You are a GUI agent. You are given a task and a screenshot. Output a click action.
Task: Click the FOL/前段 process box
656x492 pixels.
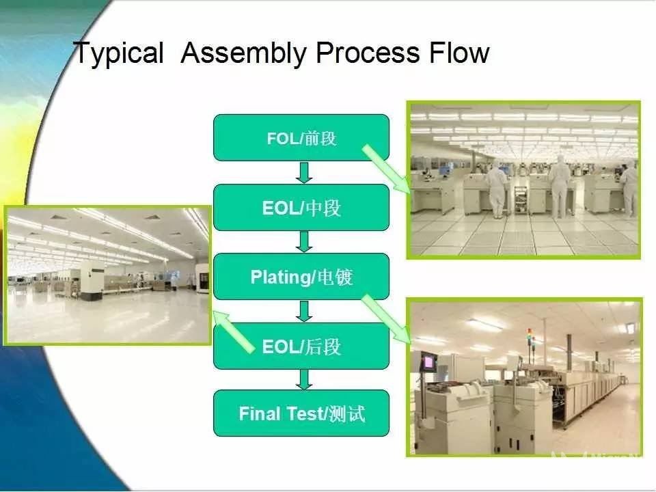point(301,137)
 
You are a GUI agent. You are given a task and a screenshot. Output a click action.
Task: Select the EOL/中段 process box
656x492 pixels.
point(301,208)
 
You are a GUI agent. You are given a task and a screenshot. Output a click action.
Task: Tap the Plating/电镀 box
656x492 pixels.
point(301,277)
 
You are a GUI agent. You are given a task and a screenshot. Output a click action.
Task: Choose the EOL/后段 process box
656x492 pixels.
point(301,346)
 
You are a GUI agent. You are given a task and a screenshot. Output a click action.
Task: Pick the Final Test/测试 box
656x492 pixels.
point(301,413)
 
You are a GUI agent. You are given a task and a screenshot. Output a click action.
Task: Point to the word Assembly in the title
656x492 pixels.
point(244,53)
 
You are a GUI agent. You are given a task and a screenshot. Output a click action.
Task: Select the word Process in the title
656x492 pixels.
point(368,53)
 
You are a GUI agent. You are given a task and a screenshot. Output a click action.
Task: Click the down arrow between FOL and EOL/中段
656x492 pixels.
point(304,172)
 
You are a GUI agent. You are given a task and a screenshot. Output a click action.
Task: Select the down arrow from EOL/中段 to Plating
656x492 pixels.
point(304,242)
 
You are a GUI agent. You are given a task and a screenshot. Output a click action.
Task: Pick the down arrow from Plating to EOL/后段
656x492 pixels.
point(304,311)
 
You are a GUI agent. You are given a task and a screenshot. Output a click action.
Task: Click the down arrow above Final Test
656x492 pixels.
point(304,379)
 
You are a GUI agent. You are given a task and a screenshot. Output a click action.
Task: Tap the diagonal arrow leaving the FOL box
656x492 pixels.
point(386,169)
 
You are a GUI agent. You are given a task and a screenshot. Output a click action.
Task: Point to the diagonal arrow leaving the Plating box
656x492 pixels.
point(386,319)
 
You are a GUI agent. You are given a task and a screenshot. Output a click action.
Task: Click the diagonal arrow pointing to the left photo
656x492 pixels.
point(234,332)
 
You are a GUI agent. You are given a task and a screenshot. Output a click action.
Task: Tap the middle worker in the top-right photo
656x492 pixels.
point(560,187)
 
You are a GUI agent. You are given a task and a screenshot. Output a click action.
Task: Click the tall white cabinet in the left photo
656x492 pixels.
point(92,280)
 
